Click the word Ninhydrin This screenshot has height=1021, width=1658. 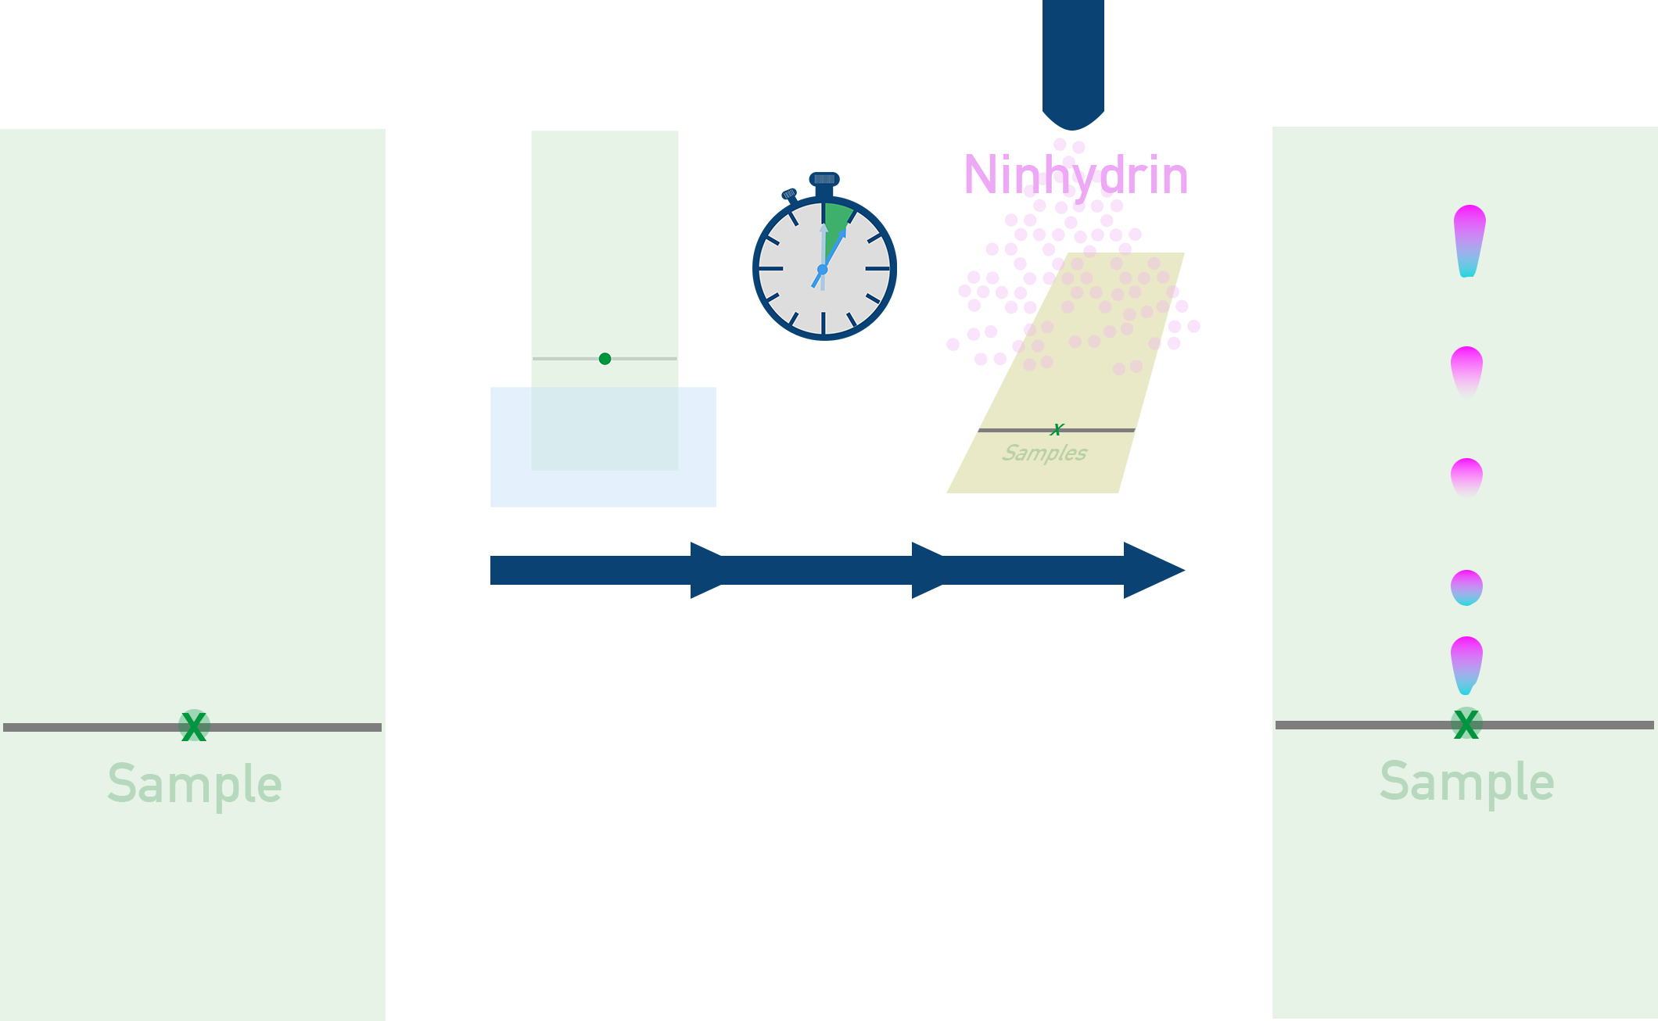click(1075, 175)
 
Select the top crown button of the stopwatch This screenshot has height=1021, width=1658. click(824, 179)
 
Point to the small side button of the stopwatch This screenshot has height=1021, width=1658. click(789, 194)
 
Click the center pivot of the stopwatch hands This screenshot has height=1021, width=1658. click(822, 270)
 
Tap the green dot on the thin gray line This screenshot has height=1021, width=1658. click(605, 359)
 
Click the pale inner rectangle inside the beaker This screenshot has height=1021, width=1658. click(605, 428)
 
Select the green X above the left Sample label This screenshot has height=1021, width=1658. click(193, 726)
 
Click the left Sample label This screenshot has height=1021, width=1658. click(195, 784)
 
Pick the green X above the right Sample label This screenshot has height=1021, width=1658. click(1466, 724)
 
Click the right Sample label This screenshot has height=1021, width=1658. click(1467, 782)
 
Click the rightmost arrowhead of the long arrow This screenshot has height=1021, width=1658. click(1154, 570)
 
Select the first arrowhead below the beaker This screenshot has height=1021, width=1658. click(708, 570)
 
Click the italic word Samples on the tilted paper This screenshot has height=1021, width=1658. click(1045, 453)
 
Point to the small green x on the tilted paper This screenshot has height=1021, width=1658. click(1057, 429)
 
